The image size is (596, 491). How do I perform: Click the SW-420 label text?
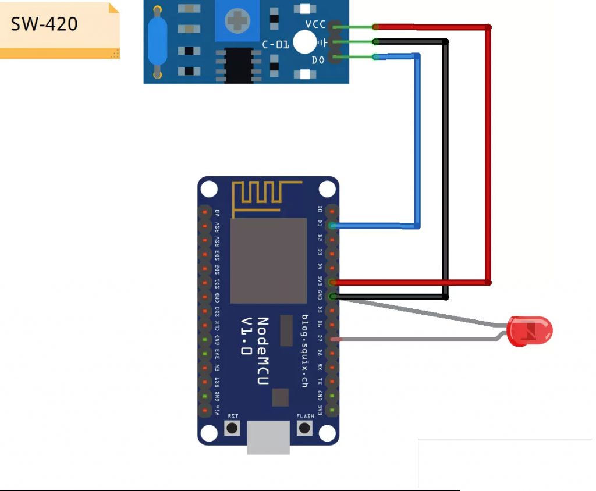coord(44,24)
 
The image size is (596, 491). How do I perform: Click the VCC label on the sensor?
coord(315,24)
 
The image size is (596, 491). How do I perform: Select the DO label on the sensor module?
coord(318,59)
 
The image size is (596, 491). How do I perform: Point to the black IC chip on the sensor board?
coord(239,64)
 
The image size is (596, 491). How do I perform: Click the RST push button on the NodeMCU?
coord(233,429)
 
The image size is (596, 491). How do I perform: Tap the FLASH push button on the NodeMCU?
coord(304,429)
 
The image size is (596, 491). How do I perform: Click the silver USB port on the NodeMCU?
coord(268,437)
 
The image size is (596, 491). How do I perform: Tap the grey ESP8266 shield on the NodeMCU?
coord(268,261)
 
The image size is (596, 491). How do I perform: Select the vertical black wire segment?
coord(445,169)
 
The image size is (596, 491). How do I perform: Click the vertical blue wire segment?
coord(417,140)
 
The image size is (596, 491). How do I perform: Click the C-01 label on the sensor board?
coord(275,44)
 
